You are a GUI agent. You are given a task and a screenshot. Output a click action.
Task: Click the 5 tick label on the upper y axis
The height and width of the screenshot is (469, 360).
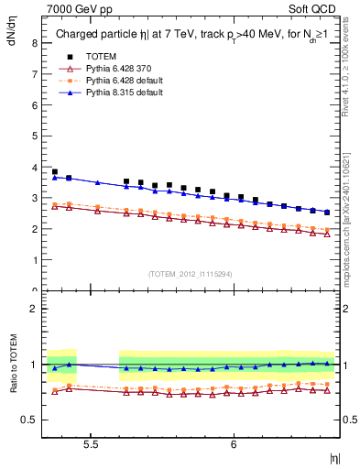(x=34, y=136)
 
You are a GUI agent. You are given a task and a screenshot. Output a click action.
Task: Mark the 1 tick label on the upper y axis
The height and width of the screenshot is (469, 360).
(x=34, y=260)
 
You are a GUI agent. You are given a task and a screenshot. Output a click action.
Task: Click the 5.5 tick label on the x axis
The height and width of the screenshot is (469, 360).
(x=91, y=444)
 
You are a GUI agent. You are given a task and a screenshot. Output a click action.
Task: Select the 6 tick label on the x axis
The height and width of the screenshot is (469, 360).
(x=234, y=444)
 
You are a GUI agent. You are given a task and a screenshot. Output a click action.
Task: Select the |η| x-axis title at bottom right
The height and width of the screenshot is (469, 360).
(x=333, y=456)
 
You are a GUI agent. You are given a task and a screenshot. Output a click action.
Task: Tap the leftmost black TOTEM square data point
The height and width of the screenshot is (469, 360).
(x=55, y=171)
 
